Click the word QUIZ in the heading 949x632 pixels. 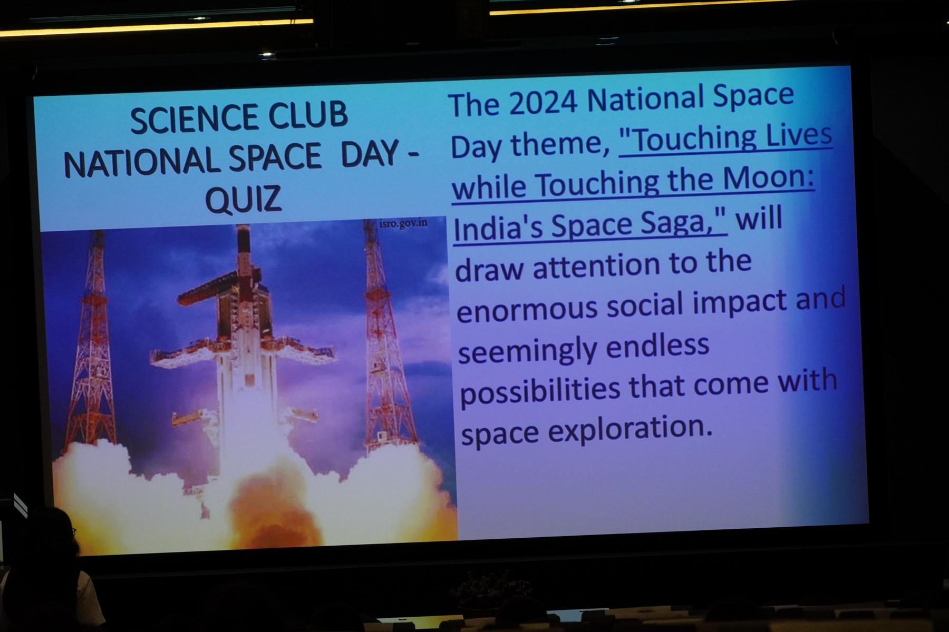[x=243, y=200]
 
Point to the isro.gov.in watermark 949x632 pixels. [x=403, y=223]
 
